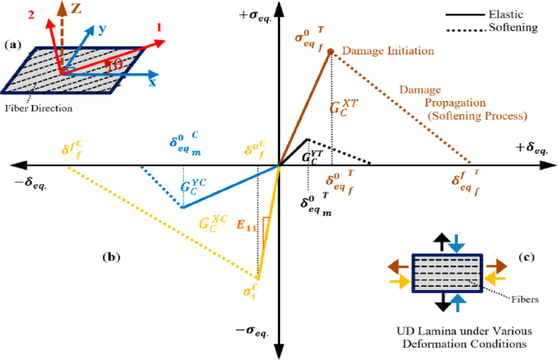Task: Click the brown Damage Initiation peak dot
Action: (331, 51)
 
